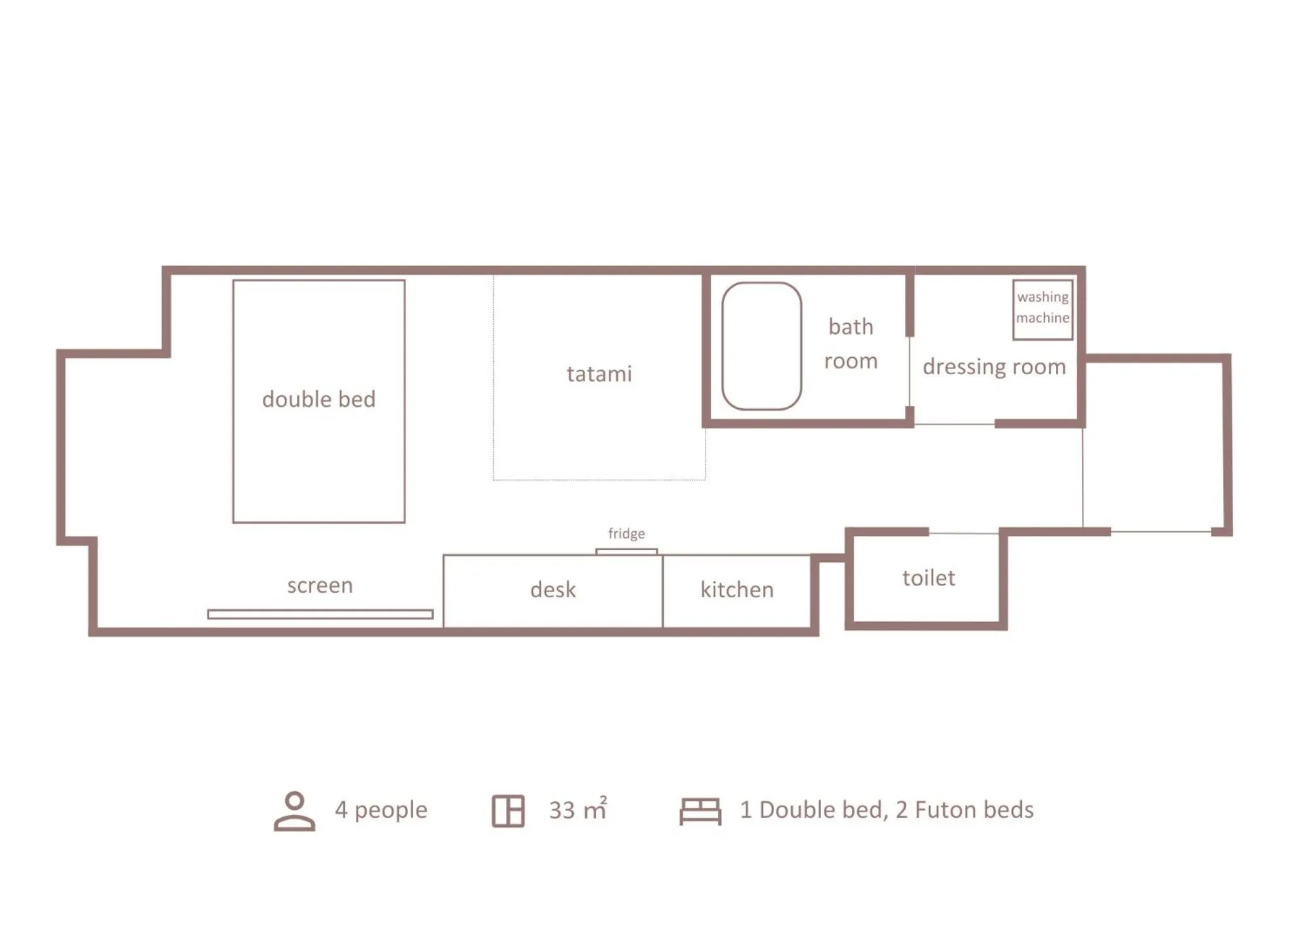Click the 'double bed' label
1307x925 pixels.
pos(318,399)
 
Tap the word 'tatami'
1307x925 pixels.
pos(599,374)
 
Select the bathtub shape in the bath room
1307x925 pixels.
pos(761,346)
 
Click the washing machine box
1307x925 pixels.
pos(1042,309)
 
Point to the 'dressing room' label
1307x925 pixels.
pos(994,366)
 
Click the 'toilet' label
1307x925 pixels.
pos(928,578)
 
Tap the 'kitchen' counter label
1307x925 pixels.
pos(737,589)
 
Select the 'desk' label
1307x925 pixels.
pos(553,589)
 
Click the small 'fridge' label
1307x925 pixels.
pos(626,533)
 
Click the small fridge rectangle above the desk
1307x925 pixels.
pos(626,551)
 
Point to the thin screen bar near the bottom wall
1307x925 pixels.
pos(320,614)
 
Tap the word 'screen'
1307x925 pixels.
pos(320,585)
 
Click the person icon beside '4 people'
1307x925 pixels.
pos(294,811)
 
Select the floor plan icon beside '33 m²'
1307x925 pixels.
pos(508,811)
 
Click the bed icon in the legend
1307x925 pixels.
pos(700,811)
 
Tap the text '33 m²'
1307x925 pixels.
pos(578,810)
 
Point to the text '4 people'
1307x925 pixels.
pos(381,810)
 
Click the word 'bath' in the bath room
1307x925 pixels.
pos(851,326)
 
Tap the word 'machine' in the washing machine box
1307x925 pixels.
pos(1042,318)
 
